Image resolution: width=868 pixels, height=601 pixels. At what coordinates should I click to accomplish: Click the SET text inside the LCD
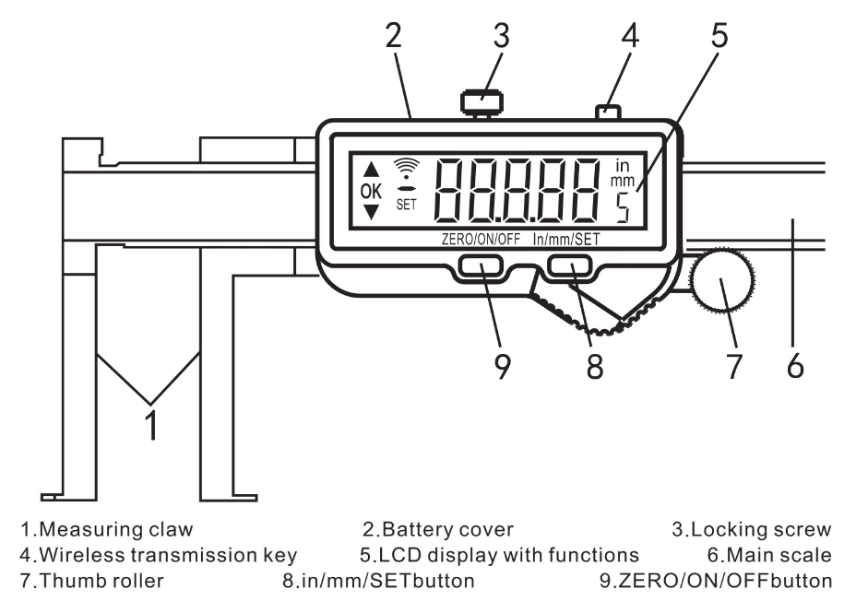[406, 205]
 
